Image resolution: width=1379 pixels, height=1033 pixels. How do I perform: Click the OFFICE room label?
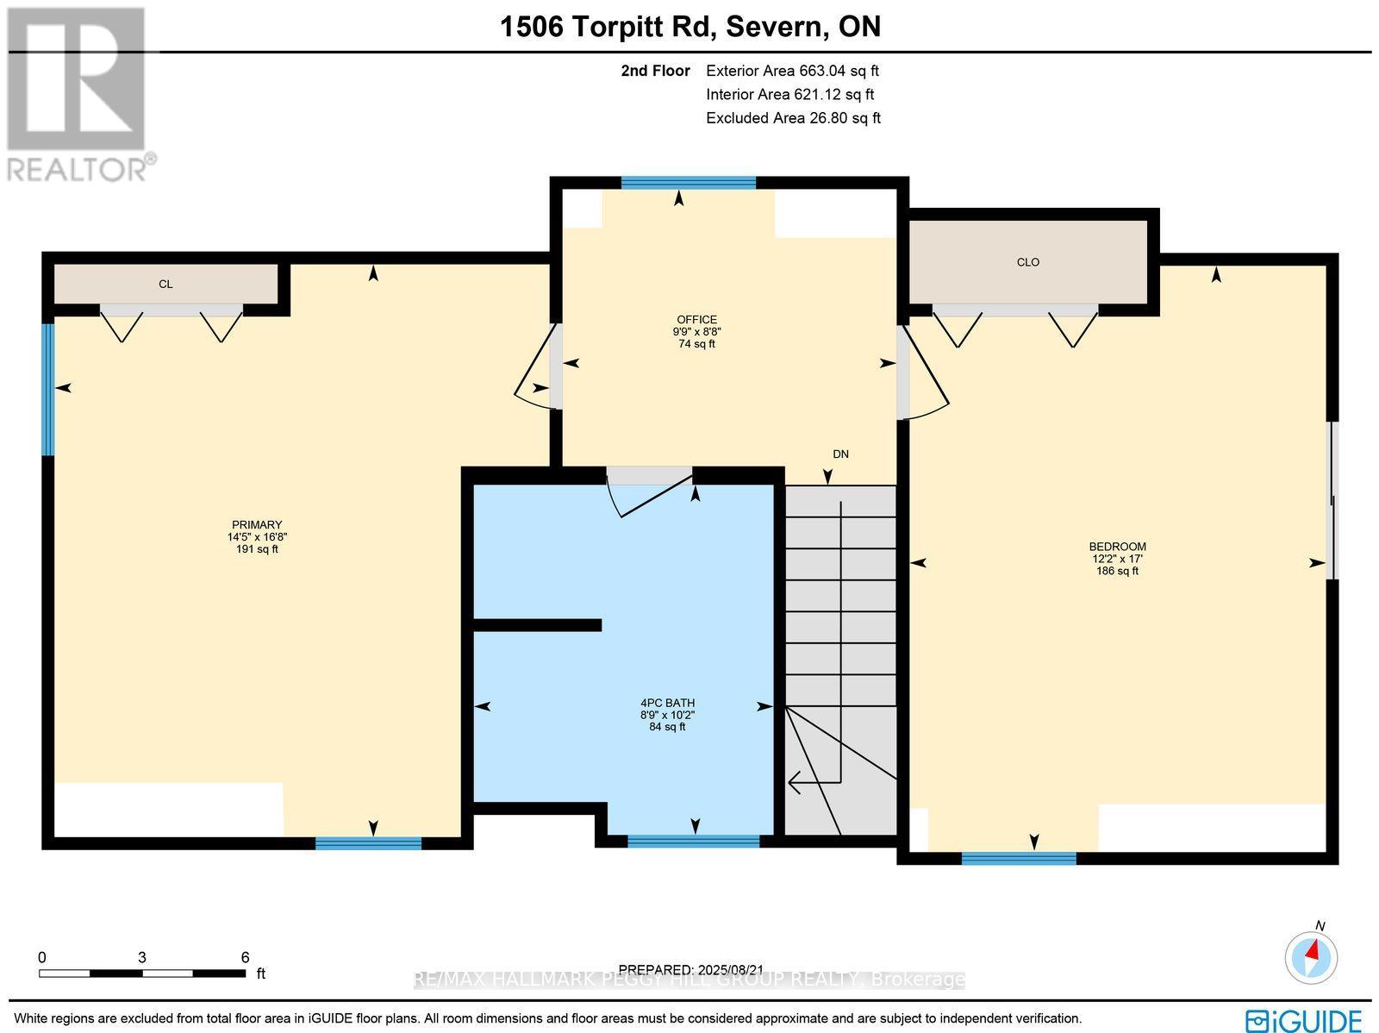[x=696, y=320]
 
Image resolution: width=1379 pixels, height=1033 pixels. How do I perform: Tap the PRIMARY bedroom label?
[x=257, y=525]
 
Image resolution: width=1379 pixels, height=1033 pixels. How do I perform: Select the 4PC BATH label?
[x=667, y=703]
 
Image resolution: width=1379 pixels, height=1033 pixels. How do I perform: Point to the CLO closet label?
[x=1028, y=262]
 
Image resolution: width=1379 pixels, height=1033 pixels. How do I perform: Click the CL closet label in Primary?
[x=165, y=284]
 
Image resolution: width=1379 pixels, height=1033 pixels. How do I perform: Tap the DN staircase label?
[x=840, y=454]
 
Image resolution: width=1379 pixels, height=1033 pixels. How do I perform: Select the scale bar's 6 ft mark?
[x=245, y=958]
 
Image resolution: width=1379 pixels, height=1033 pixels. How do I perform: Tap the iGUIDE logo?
[x=1304, y=1019]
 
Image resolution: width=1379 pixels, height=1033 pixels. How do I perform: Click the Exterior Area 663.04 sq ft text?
[x=792, y=72]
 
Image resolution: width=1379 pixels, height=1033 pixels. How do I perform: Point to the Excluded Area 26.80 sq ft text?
[x=793, y=118]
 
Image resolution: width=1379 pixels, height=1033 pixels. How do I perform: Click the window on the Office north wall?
[x=688, y=183]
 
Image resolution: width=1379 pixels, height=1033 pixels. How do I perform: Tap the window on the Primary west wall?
[x=49, y=389]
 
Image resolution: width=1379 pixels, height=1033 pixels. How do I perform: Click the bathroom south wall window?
[x=694, y=842]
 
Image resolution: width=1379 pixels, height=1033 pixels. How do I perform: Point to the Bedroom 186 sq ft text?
[x=1117, y=571]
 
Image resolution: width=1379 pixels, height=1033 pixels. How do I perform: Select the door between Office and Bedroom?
[x=923, y=373]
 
